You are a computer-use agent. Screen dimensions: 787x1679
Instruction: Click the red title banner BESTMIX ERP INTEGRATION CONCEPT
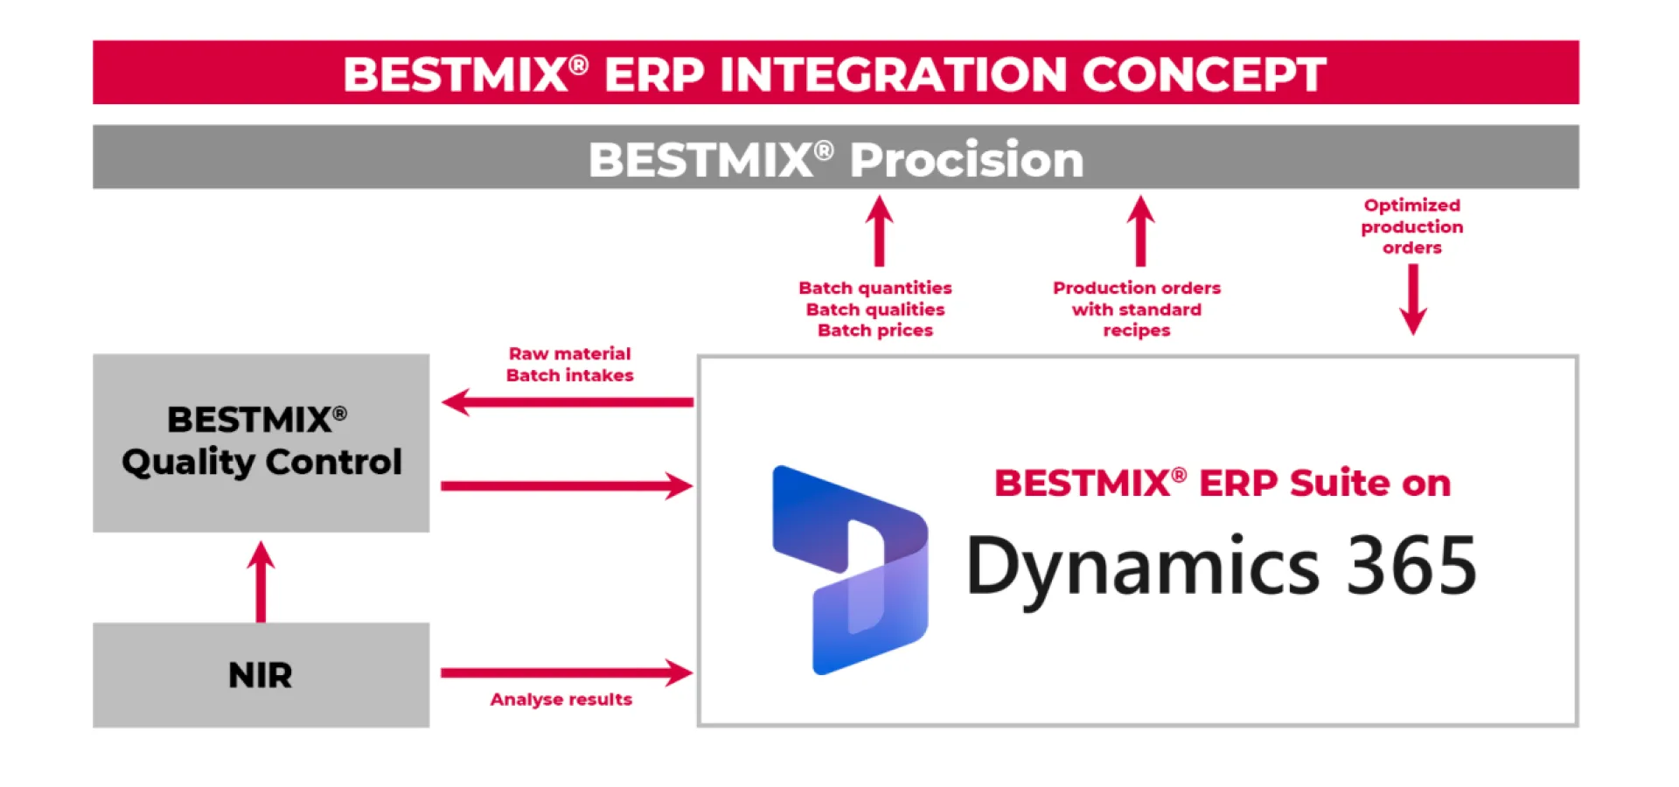(835, 73)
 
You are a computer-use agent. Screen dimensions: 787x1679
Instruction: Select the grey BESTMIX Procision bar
(835, 157)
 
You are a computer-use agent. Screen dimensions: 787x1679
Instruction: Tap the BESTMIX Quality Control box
(261, 442)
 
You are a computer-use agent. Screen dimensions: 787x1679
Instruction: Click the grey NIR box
(261, 675)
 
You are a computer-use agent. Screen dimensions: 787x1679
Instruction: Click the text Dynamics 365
(1221, 567)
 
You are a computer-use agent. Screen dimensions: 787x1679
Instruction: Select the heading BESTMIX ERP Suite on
(1222, 483)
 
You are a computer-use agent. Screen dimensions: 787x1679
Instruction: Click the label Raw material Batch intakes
(569, 365)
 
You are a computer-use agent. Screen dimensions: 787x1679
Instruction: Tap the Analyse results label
(561, 700)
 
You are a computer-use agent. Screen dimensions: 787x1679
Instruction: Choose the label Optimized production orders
(1411, 226)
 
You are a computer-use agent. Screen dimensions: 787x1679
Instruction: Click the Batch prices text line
(874, 331)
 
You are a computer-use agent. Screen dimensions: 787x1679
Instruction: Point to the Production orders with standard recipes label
(1136, 309)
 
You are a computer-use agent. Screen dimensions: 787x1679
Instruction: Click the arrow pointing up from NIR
(261, 581)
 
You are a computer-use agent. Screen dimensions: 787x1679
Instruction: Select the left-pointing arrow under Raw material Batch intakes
(568, 402)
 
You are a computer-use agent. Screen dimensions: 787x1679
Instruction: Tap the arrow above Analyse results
(568, 672)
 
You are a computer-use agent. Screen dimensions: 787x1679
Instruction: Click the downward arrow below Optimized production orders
(1413, 299)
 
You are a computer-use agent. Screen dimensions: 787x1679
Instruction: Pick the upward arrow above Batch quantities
(879, 231)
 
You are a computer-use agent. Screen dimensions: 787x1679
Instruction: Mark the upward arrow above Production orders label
(1139, 231)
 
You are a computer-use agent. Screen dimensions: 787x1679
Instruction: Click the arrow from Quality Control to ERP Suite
(568, 485)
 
